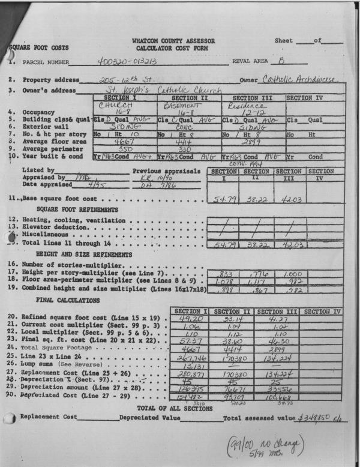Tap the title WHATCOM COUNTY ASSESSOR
coord(173,41)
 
